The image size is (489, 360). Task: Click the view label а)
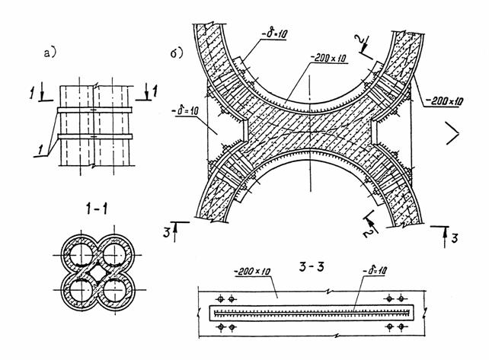51,53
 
